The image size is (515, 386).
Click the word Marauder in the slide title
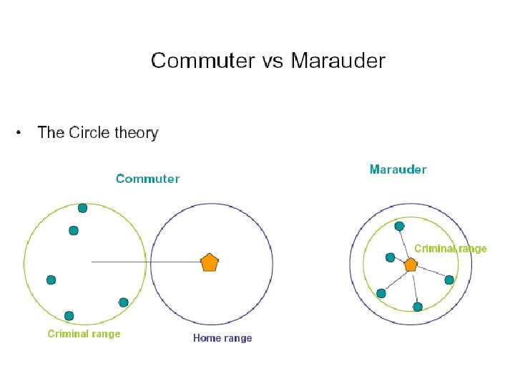[x=338, y=61]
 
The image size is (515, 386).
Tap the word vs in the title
[x=272, y=61]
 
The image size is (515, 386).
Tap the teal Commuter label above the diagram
[x=147, y=179]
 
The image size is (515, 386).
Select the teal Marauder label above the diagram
[x=398, y=169]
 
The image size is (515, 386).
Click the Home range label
[x=222, y=338]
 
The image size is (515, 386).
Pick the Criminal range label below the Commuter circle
[x=84, y=334]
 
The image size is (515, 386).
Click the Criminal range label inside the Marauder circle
[x=451, y=249]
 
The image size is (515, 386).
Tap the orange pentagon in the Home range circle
[x=209, y=262]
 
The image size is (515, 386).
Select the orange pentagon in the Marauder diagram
[x=411, y=264]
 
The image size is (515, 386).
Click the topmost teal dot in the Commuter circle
[x=82, y=208]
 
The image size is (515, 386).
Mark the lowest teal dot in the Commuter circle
[x=69, y=315]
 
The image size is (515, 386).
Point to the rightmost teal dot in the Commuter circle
[x=123, y=302]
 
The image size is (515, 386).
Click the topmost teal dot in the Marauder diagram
[x=399, y=226]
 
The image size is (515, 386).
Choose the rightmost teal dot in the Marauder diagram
[x=449, y=280]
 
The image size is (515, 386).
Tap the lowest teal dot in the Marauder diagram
[x=418, y=307]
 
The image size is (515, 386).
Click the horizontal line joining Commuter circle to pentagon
[x=143, y=262]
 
